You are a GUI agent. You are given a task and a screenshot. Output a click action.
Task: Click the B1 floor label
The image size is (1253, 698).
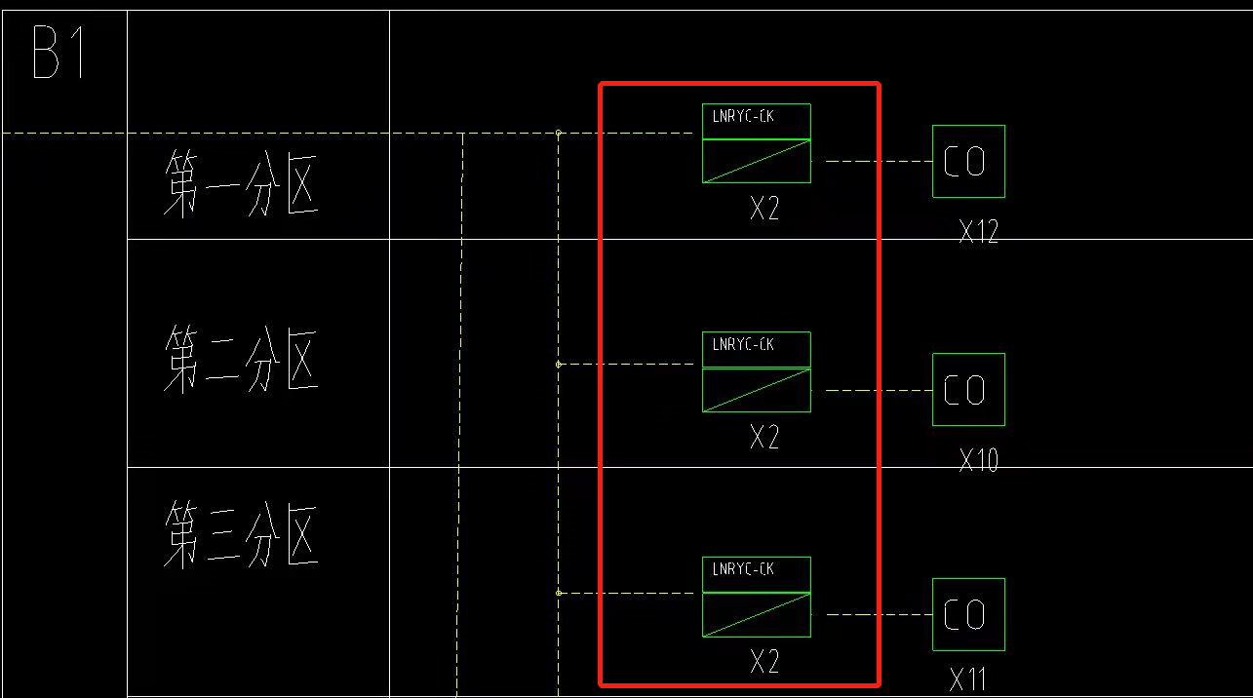pyautogui.click(x=60, y=54)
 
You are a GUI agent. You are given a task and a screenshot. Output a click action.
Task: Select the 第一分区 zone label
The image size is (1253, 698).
pyautogui.click(x=241, y=182)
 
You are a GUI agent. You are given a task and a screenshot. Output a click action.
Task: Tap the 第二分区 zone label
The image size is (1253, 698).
pyautogui.click(x=241, y=360)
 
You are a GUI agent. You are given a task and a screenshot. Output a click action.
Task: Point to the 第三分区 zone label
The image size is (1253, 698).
pyautogui.click(x=241, y=534)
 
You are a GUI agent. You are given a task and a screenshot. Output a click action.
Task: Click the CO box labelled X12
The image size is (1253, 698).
pyautogui.click(x=968, y=162)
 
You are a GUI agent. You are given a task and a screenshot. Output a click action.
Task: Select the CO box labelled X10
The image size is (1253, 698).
pyautogui.click(x=968, y=390)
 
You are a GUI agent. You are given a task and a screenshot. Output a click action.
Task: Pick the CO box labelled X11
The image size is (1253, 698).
pyautogui.click(x=968, y=615)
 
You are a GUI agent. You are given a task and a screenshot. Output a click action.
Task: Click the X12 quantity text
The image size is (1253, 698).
pyautogui.click(x=978, y=232)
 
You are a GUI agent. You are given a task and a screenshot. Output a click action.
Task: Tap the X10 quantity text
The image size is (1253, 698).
pyautogui.click(x=978, y=460)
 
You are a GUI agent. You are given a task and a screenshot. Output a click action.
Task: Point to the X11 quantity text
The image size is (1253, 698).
pyautogui.click(x=970, y=679)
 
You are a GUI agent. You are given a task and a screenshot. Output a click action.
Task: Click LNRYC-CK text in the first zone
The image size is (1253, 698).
pyautogui.click(x=743, y=117)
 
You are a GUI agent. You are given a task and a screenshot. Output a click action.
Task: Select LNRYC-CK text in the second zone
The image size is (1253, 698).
pyautogui.click(x=743, y=344)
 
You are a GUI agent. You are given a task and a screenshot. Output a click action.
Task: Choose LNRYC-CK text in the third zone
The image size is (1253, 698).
pyautogui.click(x=743, y=569)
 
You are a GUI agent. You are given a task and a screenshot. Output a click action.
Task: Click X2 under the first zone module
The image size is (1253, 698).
pyautogui.click(x=764, y=209)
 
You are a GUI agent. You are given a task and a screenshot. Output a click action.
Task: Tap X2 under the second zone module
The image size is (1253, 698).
pyautogui.click(x=764, y=438)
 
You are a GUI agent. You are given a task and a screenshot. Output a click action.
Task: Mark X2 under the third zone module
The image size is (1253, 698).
pyautogui.click(x=764, y=663)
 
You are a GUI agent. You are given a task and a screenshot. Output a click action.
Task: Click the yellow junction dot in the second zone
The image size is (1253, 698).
pyautogui.click(x=558, y=365)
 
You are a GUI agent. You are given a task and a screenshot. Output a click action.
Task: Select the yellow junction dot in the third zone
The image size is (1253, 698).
pyautogui.click(x=558, y=593)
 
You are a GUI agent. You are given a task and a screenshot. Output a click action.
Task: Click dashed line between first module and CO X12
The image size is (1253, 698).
pyautogui.click(x=878, y=162)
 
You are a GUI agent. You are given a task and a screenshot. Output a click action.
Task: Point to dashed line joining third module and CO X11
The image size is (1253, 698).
pyautogui.click(x=878, y=615)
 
